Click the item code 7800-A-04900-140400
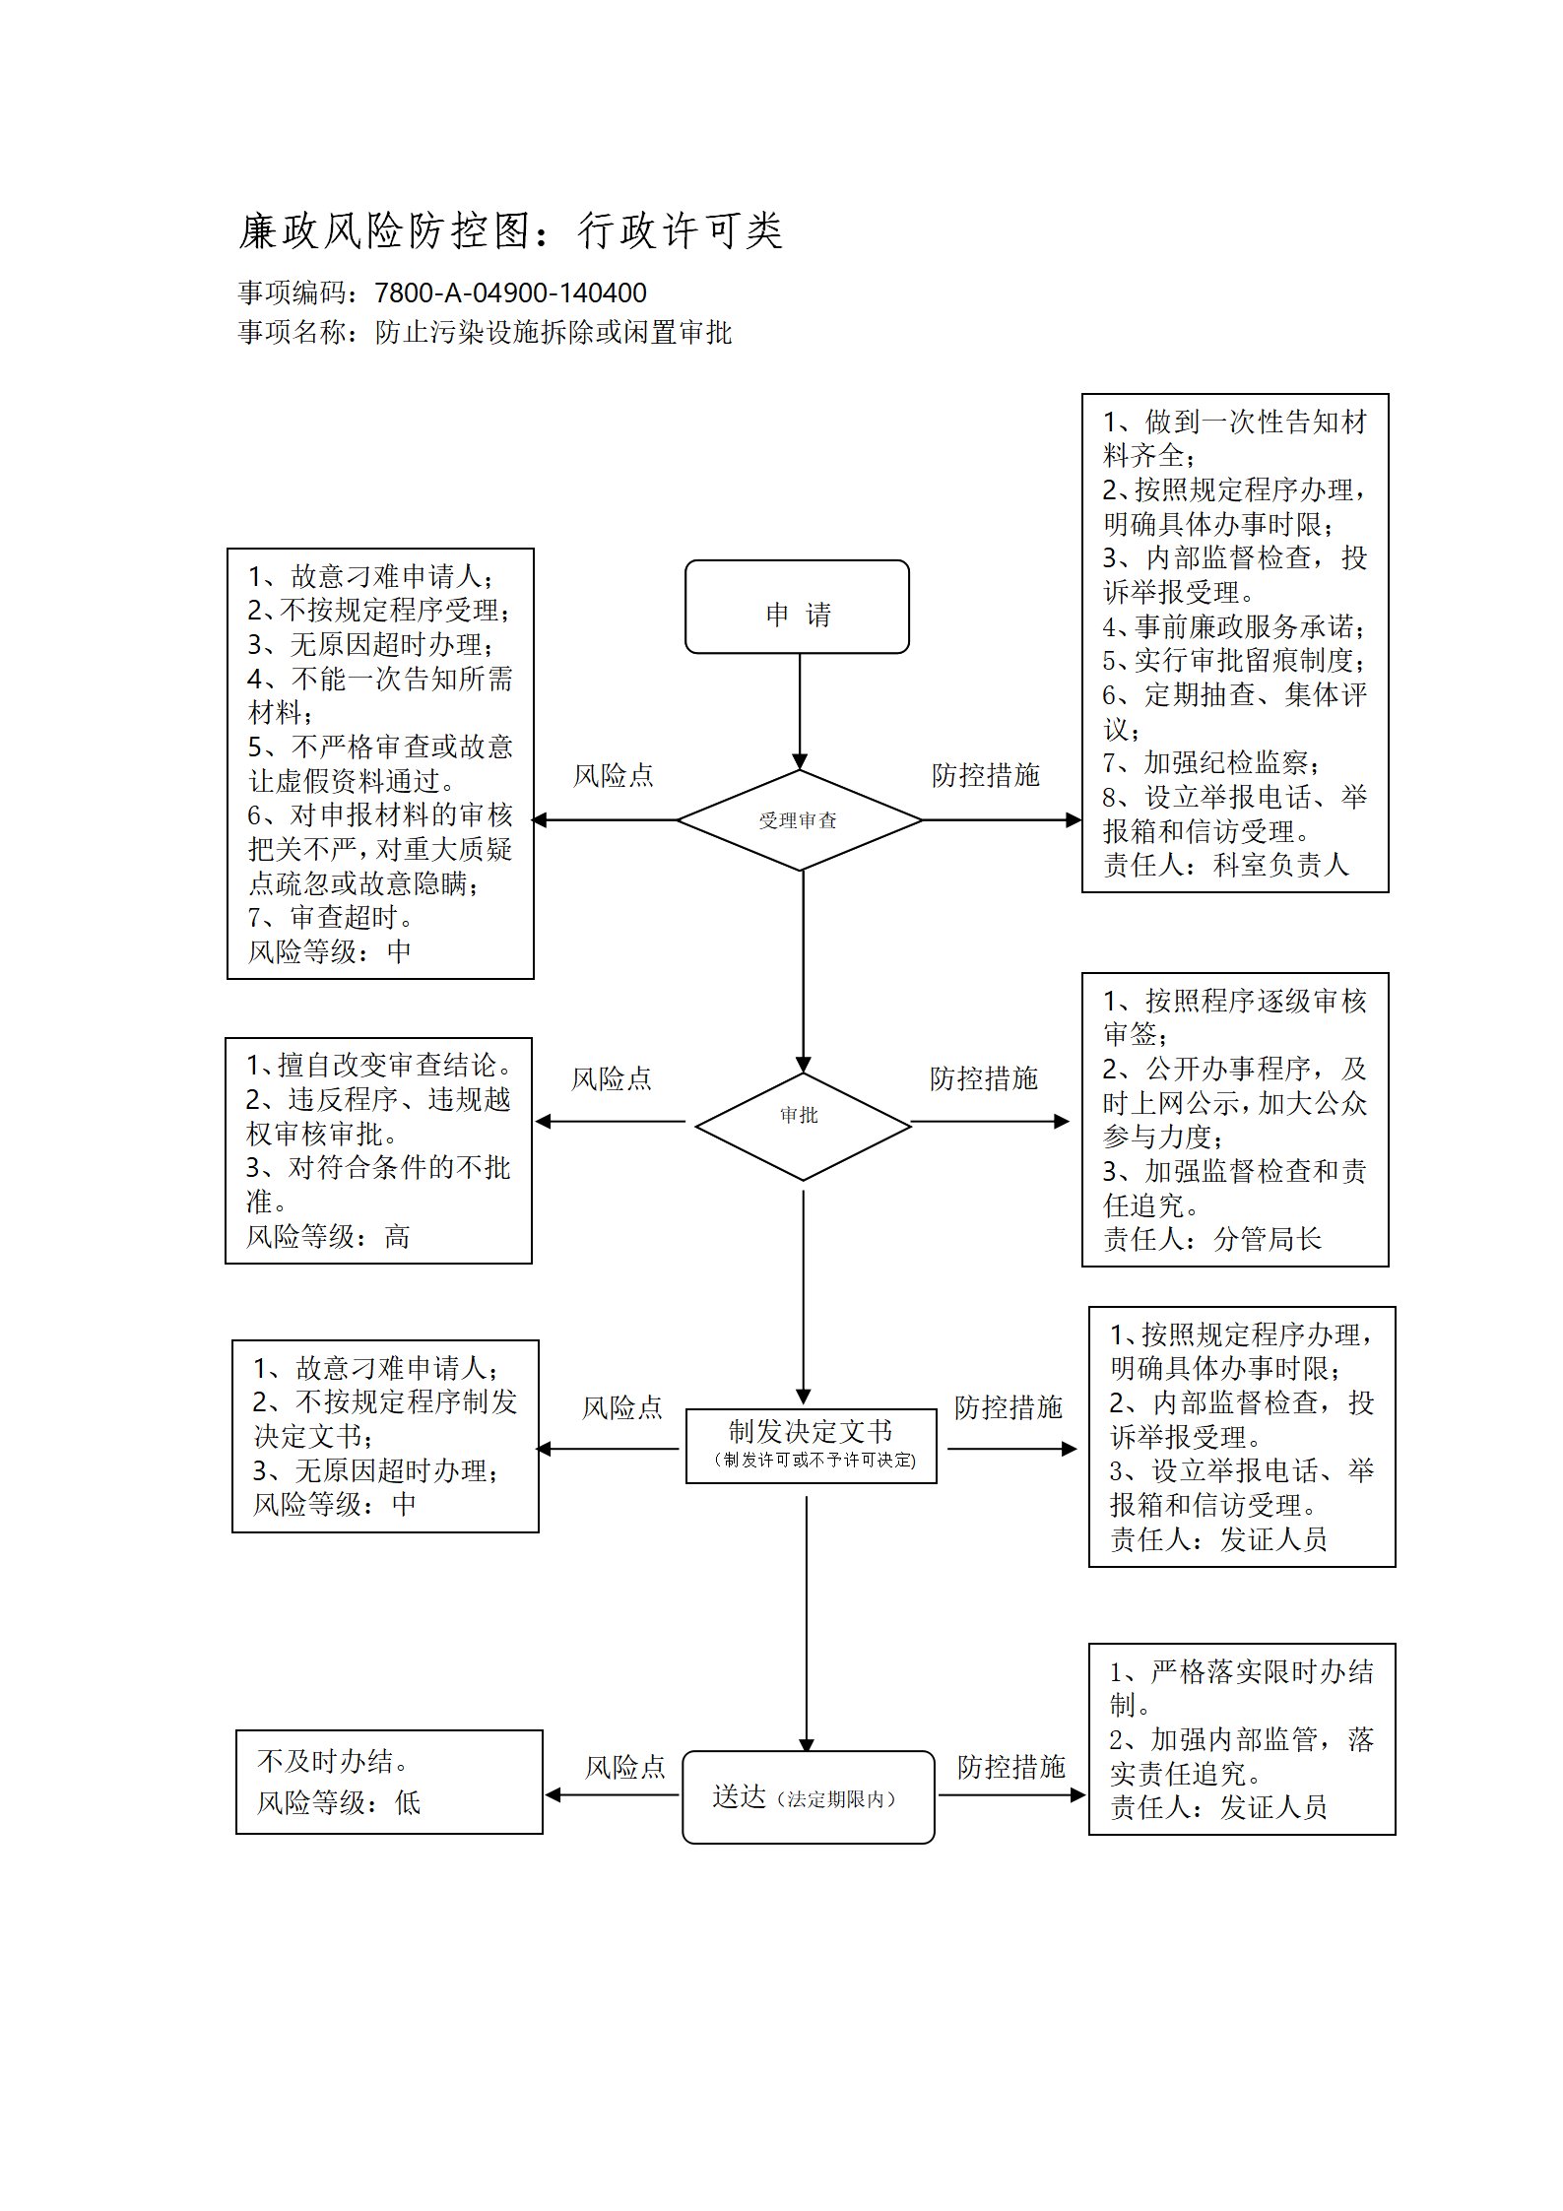pyautogui.click(x=510, y=293)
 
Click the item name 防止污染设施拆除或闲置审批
pyautogui.click(x=554, y=333)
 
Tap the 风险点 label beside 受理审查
pyautogui.click(x=614, y=775)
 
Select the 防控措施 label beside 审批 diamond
pyautogui.click(x=984, y=1078)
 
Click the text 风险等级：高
pyautogui.click(x=328, y=1236)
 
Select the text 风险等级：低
pyautogui.click(x=339, y=1802)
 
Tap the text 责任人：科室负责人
pyautogui.click(x=1225, y=865)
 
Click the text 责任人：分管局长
pyautogui.click(x=1212, y=1239)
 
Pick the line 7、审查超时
pyautogui.click(x=332, y=917)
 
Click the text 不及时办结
pyautogui.click(x=333, y=1761)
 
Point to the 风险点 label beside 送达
pyautogui.click(x=625, y=1767)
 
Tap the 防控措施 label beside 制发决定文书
pyautogui.click(x=1009, y=1407)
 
